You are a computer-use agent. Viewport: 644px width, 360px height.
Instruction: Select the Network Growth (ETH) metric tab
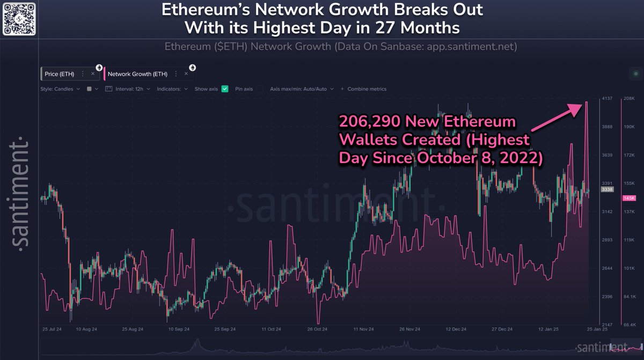tap(137, 74)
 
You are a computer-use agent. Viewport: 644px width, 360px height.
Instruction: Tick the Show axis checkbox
tap(225, 89)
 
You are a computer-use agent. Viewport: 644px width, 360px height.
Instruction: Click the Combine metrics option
tap(367, 89)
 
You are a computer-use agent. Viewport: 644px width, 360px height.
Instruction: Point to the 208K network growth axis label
tap(629, 99)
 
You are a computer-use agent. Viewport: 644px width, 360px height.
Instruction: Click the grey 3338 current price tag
tap(607, 190)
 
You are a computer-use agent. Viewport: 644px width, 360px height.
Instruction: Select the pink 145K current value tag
tap(629, 198)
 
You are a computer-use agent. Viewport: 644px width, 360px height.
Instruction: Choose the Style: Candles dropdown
tap(60, 89)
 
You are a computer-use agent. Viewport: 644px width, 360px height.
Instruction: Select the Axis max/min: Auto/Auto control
tap(302, 89)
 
